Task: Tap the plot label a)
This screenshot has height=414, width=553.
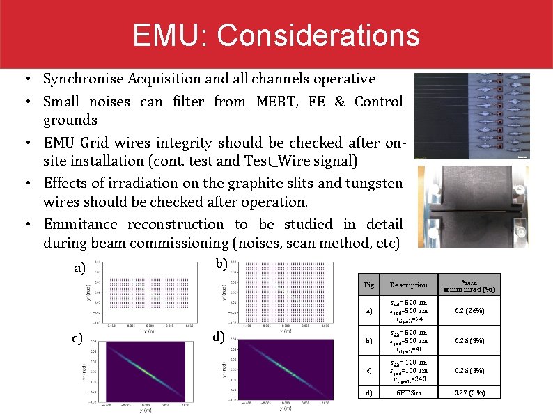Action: tap(80, 268)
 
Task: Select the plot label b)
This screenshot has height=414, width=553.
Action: tap(221, 264)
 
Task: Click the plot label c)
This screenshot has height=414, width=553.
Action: tap(77, 339)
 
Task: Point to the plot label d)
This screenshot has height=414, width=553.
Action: tap(219, 337)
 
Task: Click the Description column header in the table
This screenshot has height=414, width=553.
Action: tap(408, 285)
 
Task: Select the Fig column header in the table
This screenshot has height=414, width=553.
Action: tap(369, 285)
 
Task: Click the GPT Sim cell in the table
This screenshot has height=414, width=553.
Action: tap(408, 393)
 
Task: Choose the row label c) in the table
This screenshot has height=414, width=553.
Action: tap(369, 370)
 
